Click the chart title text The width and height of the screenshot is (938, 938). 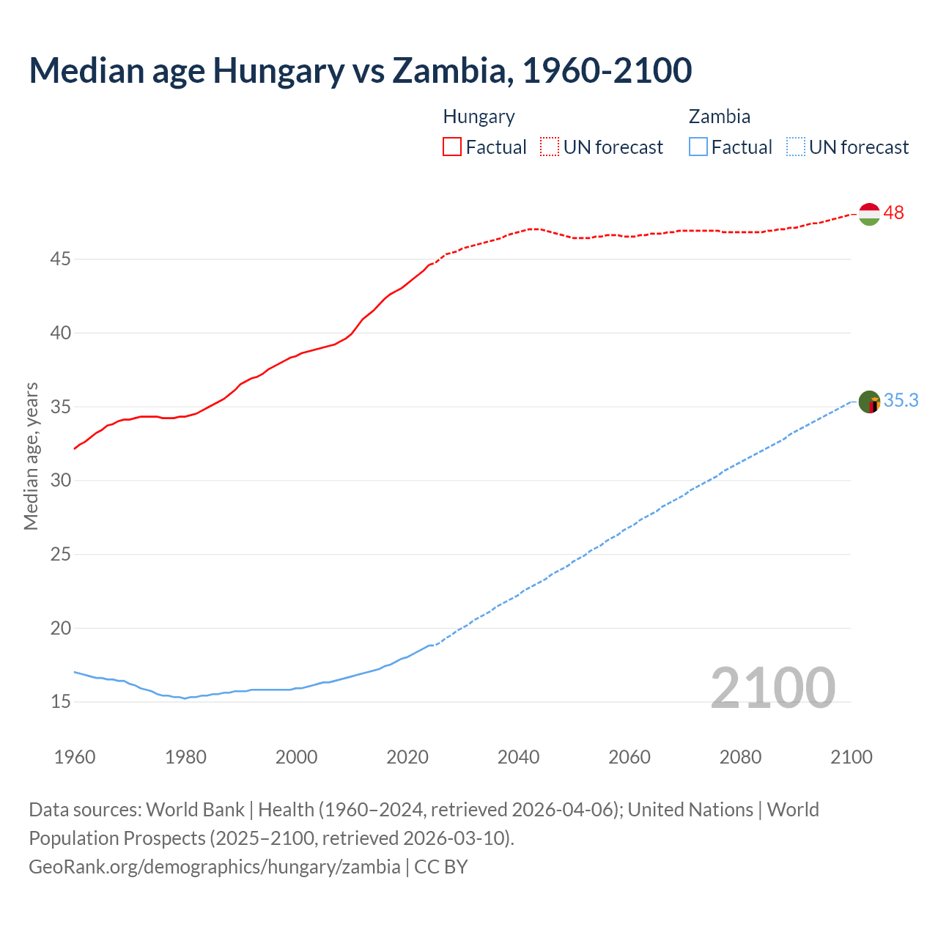coord(360,70)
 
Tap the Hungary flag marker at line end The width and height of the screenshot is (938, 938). coord(869,214)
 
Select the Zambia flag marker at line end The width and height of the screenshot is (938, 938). coord(869,402)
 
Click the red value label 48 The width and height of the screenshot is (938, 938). coord(893,213)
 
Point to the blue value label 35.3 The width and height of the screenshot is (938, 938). coord(901,401)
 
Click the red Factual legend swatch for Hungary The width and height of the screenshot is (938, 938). coord(452,147)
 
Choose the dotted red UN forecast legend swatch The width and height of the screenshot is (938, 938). coord(550,147)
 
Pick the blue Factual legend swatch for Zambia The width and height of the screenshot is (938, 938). coord(698,147)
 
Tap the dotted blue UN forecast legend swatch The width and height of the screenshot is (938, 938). coord(795,147)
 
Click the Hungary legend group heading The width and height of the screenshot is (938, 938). coord(479,117)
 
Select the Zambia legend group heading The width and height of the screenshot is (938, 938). coord(719,117)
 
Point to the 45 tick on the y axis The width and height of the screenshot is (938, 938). coord(61,259)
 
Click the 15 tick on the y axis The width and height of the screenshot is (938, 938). coord(61,702)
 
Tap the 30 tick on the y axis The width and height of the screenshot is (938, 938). coord(61,481)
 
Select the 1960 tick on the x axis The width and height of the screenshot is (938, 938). coord(75,757)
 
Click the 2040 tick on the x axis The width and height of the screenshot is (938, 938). coord(518,757)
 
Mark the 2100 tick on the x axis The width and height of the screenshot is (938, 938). coord(852,757)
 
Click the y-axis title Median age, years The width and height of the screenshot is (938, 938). coord(31,456)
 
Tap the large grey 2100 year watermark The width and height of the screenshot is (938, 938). coord(772,687)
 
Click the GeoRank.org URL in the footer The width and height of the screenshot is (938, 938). coord(215,867)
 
